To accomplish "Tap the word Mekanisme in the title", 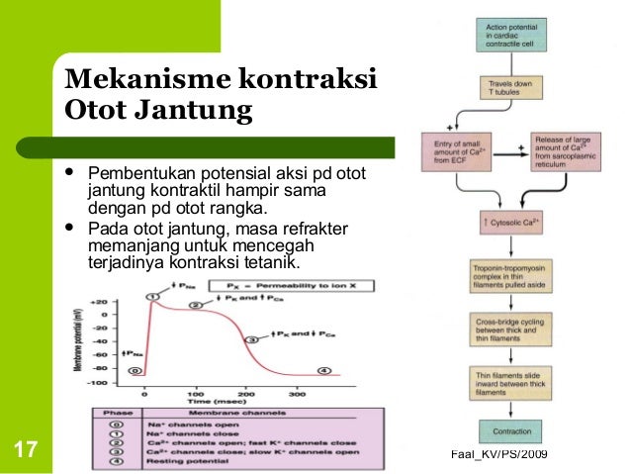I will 145,76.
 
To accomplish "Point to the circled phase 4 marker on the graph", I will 321,370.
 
